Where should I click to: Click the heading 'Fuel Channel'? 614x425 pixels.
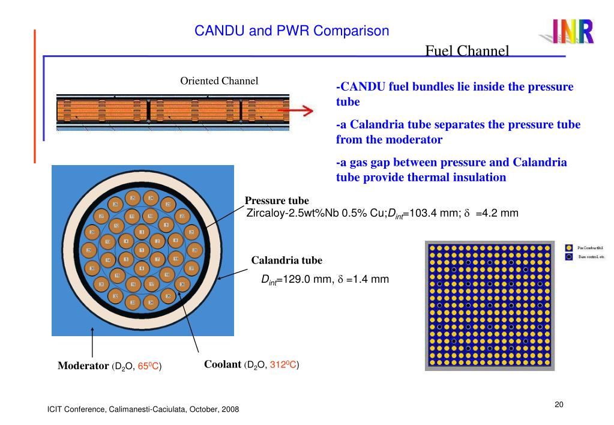pos(467,50)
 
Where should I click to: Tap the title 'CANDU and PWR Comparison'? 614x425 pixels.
pos(292,31)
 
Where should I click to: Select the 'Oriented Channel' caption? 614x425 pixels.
pos(219,81)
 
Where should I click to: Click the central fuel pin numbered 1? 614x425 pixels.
pos(142,250)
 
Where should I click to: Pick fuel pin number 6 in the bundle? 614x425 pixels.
pos(142,268)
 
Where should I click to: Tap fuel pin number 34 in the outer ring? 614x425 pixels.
pos(151,303)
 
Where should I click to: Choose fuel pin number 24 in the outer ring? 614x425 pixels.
pos(151,198)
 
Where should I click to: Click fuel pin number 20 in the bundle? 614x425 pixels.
pos(194,250)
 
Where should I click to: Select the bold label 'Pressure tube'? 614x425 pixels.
pos(277,200)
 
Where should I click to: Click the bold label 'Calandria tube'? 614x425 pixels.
pos(286,261)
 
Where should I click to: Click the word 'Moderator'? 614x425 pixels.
pos(83,366)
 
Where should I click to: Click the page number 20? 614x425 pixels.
pos(559,404)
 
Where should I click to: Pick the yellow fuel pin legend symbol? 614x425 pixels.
pos(569,247)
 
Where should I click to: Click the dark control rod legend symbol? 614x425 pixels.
pos(569,257)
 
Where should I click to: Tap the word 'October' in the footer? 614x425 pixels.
pos(205,409)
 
